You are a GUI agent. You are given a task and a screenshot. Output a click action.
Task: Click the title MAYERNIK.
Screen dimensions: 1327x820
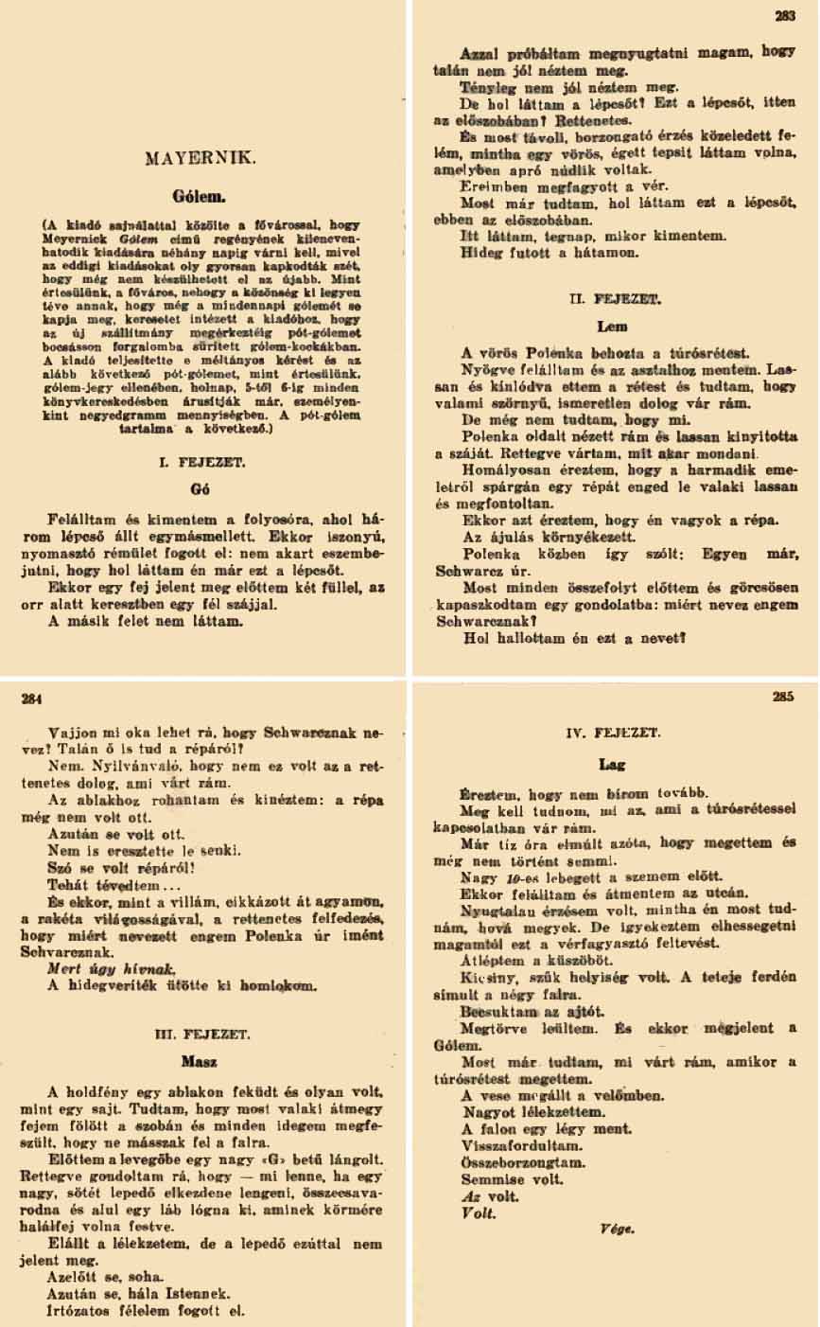pyautogui.click(x=205, y=158)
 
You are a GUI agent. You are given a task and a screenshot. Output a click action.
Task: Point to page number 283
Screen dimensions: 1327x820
pyautogui.click(x=785, y=15)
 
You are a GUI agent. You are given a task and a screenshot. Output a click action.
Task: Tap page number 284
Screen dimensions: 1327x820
pyautogui.click(x=33, y=701)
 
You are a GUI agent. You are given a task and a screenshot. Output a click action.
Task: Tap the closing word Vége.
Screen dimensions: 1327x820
pyautogui.click(x=616, y=1230)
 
